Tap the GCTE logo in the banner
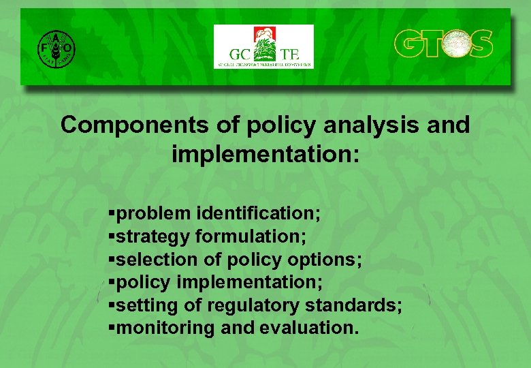point(263,46)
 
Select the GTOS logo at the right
point(443,44)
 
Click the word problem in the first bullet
point(154,213)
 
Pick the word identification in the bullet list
point(258,213)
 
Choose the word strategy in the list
point(154,237)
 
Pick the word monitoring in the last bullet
point(166,328)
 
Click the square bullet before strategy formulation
point(112,236)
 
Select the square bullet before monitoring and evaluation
point(112,328)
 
